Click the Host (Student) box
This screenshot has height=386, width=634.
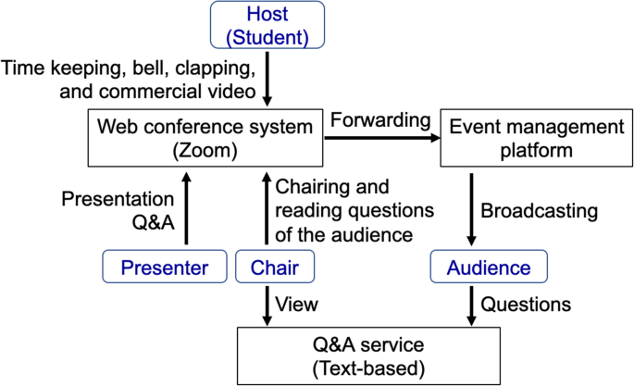pyautogui.click(x=268, y=25)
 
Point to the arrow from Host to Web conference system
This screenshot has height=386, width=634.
pyautogui.click(x=268, y=80)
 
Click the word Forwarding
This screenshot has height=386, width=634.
pyautogui.click(x=380, y=119)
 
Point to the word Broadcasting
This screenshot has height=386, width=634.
pyautogui.click(x=539, y=210)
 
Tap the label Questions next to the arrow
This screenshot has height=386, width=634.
pyautogui.click(x=526, y=305)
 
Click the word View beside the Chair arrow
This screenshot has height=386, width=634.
pyautogui.click(x=298, y=305)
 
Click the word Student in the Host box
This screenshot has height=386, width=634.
pyautogui.click(x=268, y=37)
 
